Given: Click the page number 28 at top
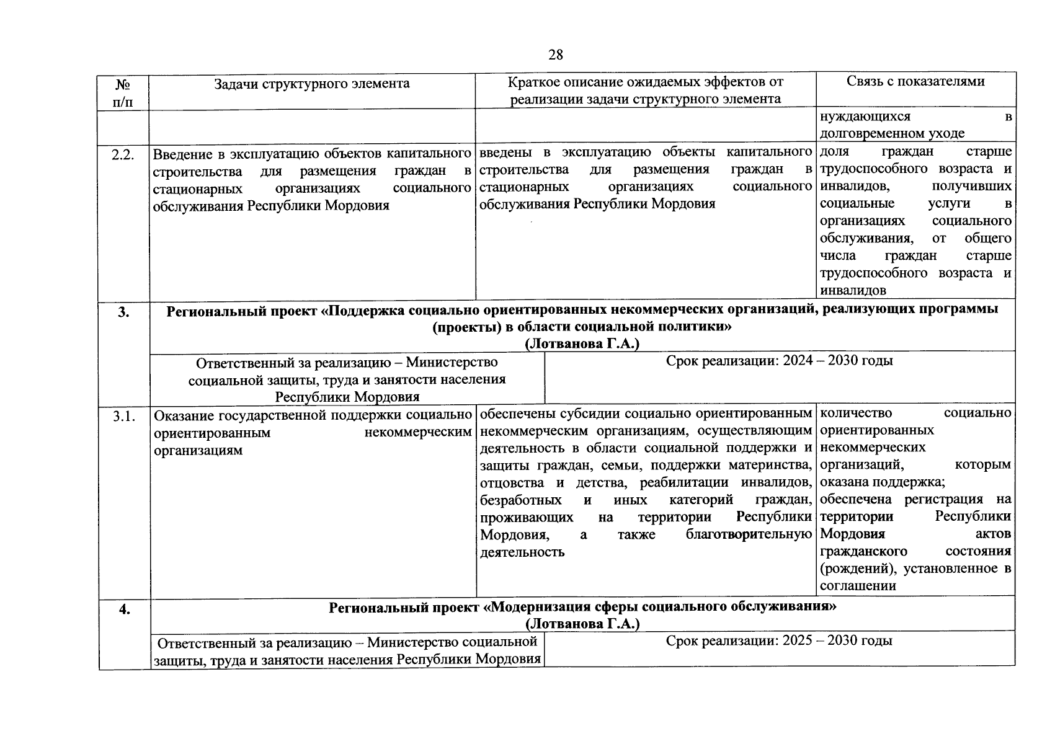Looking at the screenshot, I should click(556, 55).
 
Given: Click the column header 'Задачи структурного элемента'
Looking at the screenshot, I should click(311, 83).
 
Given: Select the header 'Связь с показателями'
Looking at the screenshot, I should click(915, 81).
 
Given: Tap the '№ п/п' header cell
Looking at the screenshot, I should click(123, 92).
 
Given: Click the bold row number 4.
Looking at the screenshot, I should click(125, 609).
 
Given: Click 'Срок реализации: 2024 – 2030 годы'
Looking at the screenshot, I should click(779, 361).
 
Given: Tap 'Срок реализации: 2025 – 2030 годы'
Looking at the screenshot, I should click(779, 641).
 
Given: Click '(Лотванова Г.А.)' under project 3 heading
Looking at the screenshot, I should click(582, 344).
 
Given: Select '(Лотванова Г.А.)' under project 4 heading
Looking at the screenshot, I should click(582, 624).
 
